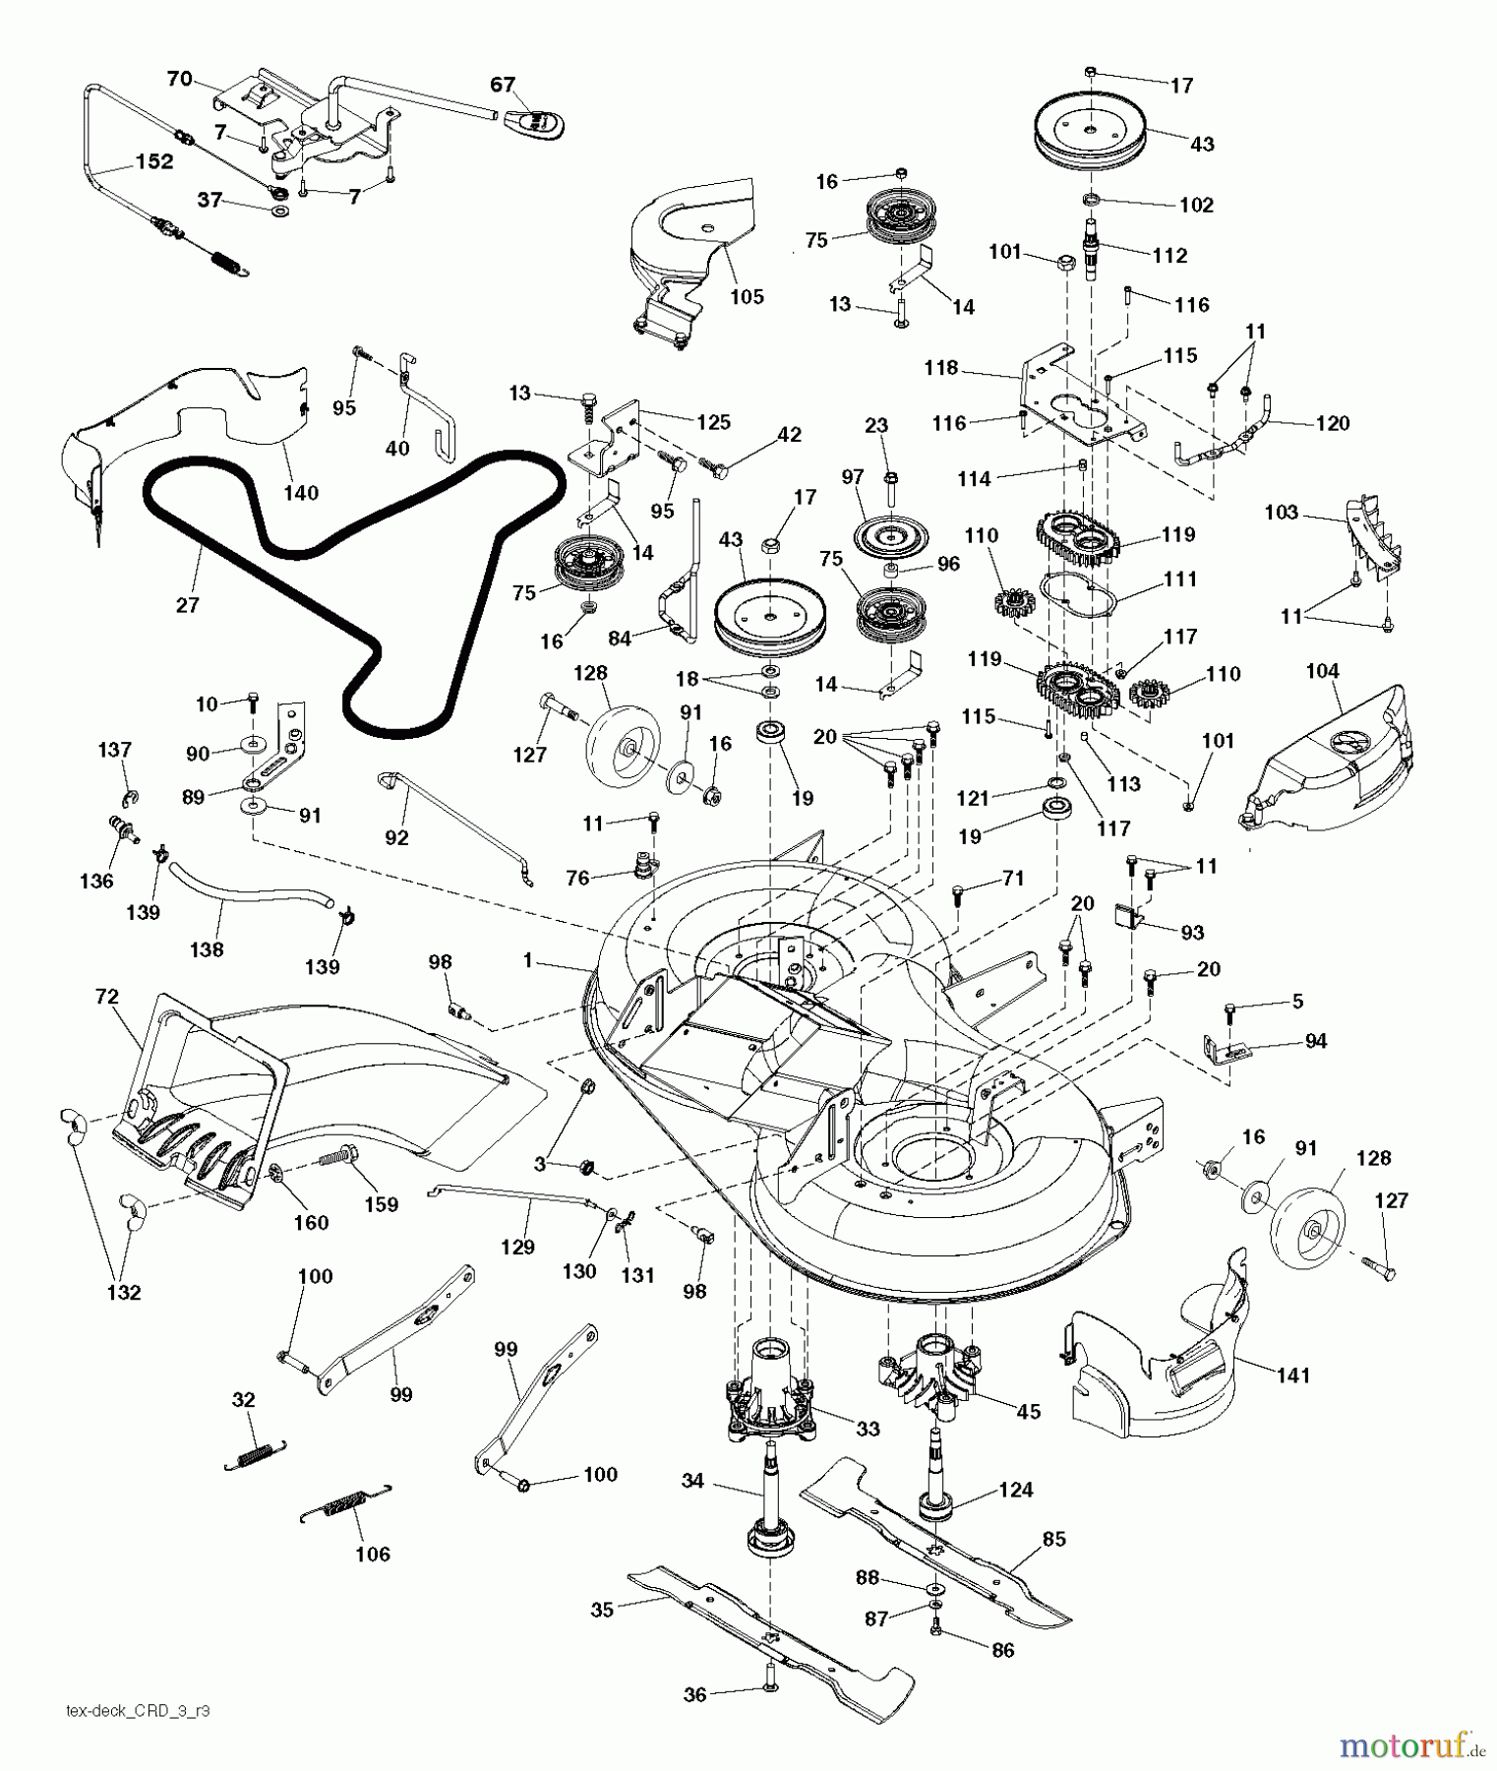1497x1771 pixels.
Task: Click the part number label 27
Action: coord(187,605)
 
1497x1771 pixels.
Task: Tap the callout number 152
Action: coord(154,161)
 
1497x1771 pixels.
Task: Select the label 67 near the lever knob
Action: coord(503,85)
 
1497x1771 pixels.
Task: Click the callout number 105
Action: coord(747,296)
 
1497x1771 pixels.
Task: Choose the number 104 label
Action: coord(1322,671)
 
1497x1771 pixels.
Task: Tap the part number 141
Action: coord(1293,1375)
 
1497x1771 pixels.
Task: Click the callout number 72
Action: coord(106,997)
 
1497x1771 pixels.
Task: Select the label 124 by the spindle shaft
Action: coord(1015,1490)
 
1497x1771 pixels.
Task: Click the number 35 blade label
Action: coord(602,1610)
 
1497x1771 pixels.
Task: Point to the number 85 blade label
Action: coord(1053,1538)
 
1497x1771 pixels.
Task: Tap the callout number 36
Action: coord(694,1695)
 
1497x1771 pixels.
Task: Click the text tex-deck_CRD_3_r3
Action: coord(138,1711)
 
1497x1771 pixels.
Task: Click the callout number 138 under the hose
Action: coord(207,949)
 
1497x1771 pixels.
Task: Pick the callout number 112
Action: coord(1169,255)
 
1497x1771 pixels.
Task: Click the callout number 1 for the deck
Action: coord(528,959)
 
